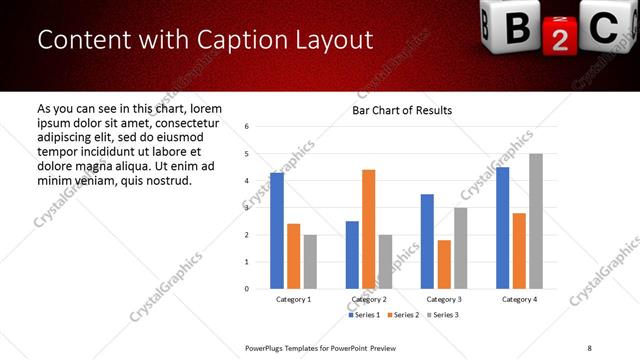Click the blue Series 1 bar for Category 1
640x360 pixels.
click(x=277, y=231)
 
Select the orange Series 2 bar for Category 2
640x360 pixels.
click(x=369, y=229)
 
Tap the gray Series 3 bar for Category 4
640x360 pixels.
click(x=536, y=221)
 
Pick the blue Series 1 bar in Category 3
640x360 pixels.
click(x=427, y=241)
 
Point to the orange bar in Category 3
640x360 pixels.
click(x=444, y=264)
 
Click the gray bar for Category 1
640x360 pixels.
click(x=310, y=261)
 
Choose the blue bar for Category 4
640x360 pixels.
click(x=503, y=228)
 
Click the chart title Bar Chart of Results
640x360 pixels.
click(x=402, y=110)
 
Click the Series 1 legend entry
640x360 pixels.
click(x=364, y=315)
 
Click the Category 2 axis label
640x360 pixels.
click(x=369, y=299)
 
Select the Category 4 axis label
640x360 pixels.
click(x=519, y=299)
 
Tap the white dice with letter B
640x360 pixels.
click(x=510, y=27)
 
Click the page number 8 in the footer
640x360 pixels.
click(x=589, y=347)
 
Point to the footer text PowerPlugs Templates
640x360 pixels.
click(x=290, y=347)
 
